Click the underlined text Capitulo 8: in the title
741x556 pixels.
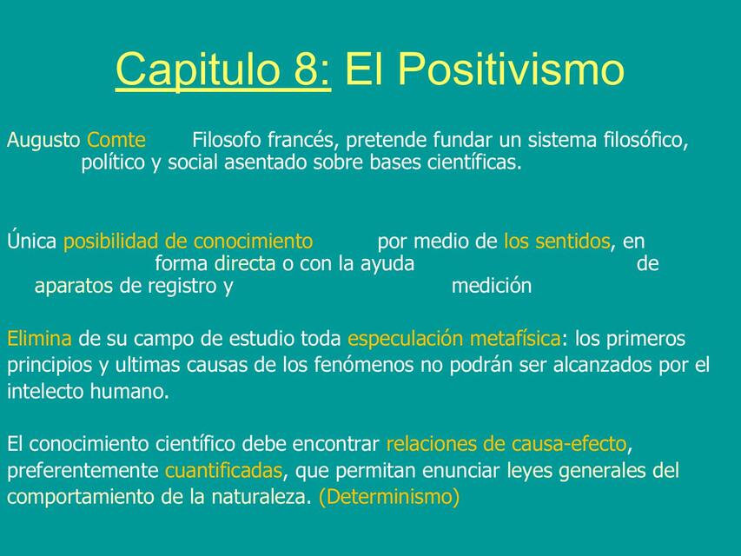pos(222,69)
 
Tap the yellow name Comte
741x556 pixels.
pos(116,140)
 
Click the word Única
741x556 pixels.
pos(32,241)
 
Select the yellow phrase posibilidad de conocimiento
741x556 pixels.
pos(188,241)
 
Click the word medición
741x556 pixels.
pos(492,286)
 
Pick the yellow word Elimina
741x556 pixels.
pos(40,338)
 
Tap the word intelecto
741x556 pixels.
pos(45,392)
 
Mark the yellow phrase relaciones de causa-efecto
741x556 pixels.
pos(506,445)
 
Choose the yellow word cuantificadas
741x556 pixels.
pos(223,472)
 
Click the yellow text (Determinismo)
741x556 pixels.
pos(388,498)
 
